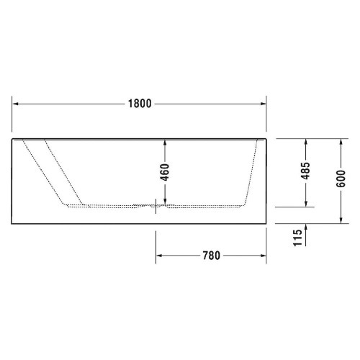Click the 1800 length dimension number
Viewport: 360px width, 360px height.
140,103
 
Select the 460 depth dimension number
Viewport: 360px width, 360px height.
165,172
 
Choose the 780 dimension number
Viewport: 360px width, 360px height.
210,255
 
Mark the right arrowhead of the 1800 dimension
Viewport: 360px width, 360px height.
264,103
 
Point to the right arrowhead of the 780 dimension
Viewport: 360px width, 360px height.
264,255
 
